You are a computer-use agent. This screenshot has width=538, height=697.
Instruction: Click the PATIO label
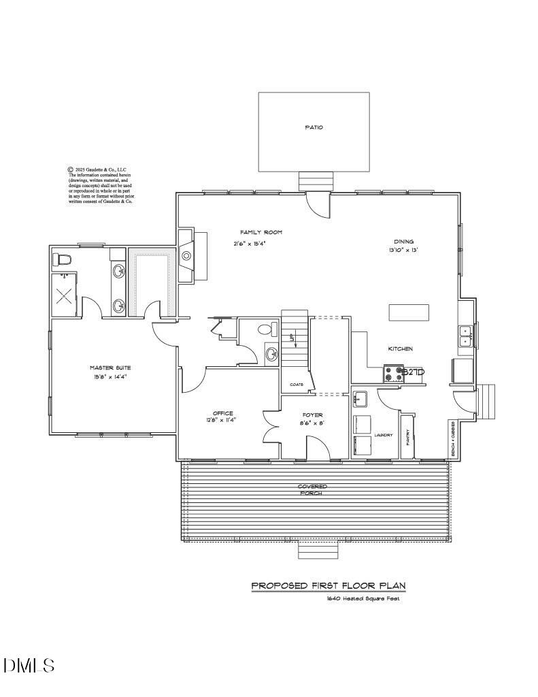(x=314, y=127)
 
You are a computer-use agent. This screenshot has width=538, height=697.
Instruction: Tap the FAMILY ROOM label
(x=260, y=233)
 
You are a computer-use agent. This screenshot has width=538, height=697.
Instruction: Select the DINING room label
(x=403, y=242)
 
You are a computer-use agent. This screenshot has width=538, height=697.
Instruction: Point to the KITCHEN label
(x=400, y=349)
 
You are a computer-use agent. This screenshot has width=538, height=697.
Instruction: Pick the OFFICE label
(x=223, y=413)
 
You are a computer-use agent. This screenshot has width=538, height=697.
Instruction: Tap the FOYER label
(x=313, y=415)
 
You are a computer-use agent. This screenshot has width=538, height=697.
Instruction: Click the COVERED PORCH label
(x=313, y=489)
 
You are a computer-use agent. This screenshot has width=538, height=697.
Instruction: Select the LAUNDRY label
(x=383, y=435)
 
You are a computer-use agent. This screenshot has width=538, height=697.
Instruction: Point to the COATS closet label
(x=297, y=385)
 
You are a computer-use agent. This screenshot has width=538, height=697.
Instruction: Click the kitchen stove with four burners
(x=394, y=374)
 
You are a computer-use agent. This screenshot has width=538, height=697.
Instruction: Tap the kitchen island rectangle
(x=409, y=312)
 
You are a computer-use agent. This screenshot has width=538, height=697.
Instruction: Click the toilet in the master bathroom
(x=63, y=259)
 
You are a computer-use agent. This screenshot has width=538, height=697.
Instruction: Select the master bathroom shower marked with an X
(x=65, y=295)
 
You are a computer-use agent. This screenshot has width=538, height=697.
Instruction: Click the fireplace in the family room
(x=186, y=256)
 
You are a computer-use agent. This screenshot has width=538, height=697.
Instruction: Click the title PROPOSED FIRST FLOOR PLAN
(x=329, y=585)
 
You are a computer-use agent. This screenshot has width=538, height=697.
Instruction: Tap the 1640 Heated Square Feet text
(x=362, y=599)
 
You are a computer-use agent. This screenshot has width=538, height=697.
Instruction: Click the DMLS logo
(x=29, y=665)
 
